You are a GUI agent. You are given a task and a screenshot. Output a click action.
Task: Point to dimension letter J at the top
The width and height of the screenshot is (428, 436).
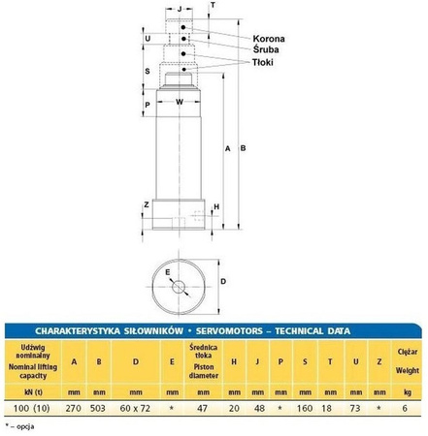(x=180, y=8)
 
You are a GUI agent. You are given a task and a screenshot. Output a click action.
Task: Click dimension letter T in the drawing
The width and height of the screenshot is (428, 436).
(x=214, y=5)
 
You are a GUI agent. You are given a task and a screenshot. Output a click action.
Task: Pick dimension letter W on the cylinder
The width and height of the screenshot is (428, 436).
(x=180, y=101)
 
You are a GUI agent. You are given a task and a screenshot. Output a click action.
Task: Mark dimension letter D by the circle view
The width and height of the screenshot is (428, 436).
(x=223, y=282)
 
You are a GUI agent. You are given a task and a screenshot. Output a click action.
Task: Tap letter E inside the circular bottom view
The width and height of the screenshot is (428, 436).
(x=168, y=273)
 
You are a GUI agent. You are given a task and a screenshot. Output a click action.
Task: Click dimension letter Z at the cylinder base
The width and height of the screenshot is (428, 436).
(x=146, y=205)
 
